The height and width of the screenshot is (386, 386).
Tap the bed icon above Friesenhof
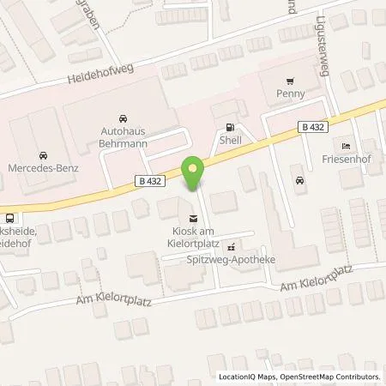click(x=347, y=144)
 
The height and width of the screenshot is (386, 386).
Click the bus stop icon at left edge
click(x=8, y=218)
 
